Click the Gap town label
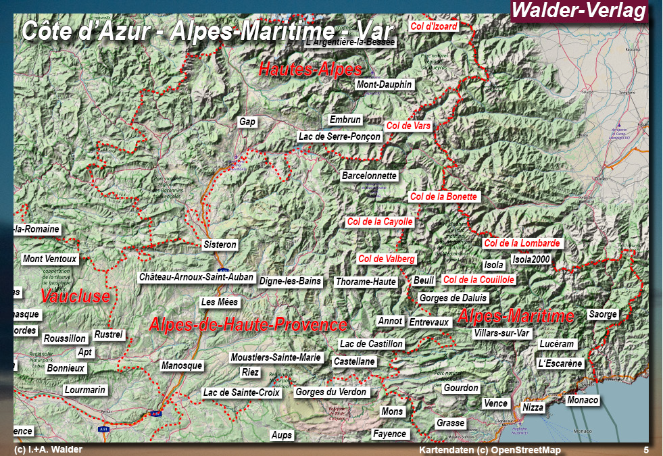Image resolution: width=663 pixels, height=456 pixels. click(247, 122)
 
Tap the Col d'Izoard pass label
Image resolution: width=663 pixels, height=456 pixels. click(434, 26)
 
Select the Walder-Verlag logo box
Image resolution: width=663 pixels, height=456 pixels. click(579, 11)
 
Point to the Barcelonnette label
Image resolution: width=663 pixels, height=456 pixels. click(369, 176)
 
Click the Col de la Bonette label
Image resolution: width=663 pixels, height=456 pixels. click(444, 197)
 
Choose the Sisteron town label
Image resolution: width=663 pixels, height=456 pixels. click(220, 245)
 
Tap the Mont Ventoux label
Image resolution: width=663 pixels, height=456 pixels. click(50, 259)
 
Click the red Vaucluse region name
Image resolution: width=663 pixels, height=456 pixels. click(75, 296)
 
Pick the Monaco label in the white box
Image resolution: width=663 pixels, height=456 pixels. click(583, 400)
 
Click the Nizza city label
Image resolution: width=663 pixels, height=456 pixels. click(533, 407)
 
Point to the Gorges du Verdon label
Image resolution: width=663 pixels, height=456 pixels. click(331, 392)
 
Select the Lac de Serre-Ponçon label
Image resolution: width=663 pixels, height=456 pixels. click(340, 136)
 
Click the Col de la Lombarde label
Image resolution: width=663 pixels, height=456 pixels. click(522, 243)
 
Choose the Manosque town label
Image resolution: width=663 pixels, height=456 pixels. click(182, 365)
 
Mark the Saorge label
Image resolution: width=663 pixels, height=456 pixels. click(603, 314)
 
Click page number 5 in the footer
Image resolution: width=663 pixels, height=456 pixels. click(645, 450)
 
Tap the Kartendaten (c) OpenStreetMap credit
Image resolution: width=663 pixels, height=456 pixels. click(490, 450)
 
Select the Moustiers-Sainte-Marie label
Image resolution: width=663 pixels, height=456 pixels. click(276, 357)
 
